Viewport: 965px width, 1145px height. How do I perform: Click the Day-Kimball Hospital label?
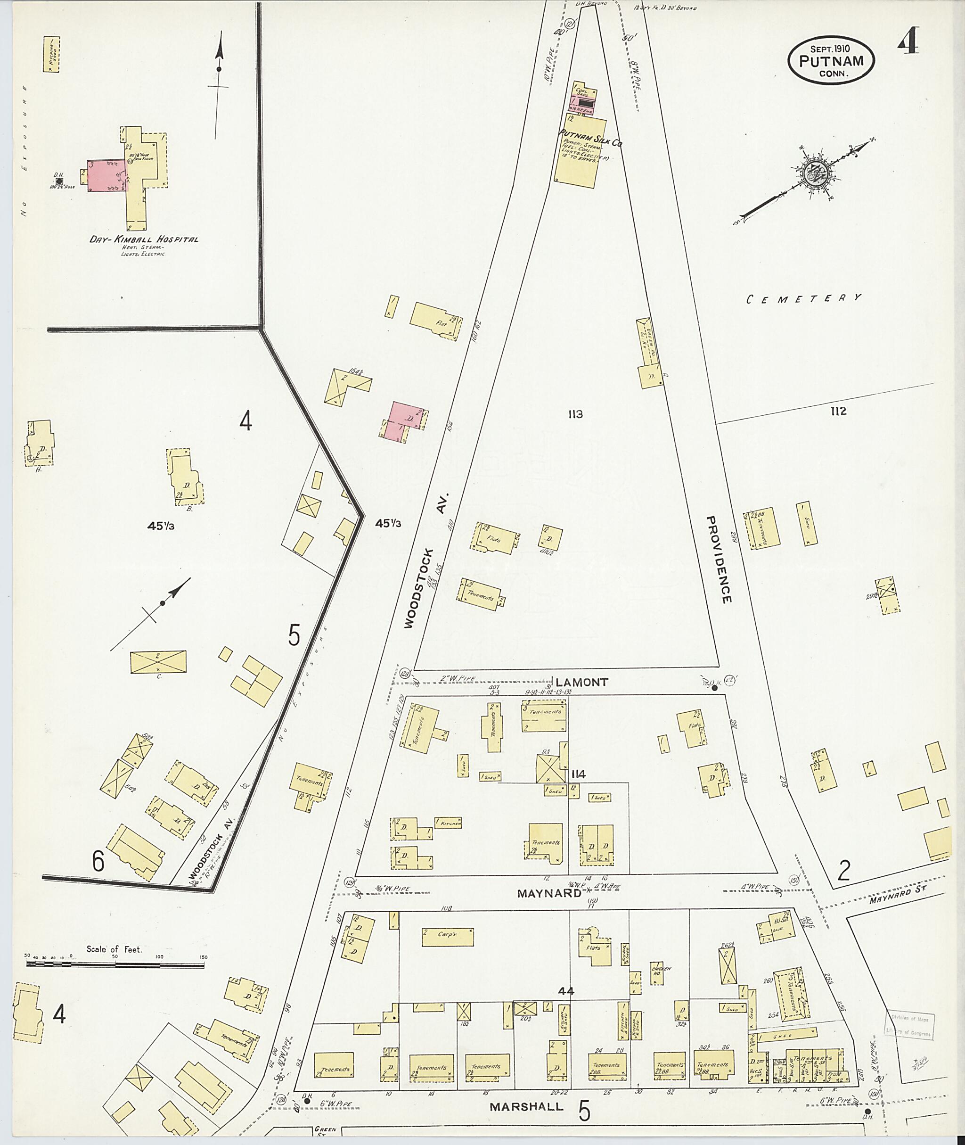[x=144, y=239]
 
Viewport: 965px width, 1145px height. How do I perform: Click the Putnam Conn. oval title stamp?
[x=831, y=61]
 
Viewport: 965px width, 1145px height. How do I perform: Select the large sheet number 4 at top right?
[x=908, y=41]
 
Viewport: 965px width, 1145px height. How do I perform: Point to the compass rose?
[x=818, y=174]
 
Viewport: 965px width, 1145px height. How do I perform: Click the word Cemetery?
[x=804, y=298]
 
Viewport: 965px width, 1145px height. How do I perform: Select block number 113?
[x=575, y=414]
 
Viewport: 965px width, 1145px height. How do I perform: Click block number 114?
[x=578, y=774]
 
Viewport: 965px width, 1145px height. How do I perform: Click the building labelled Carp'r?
[x=448, y=937]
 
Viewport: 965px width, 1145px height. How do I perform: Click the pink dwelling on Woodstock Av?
[x=403, y=421]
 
